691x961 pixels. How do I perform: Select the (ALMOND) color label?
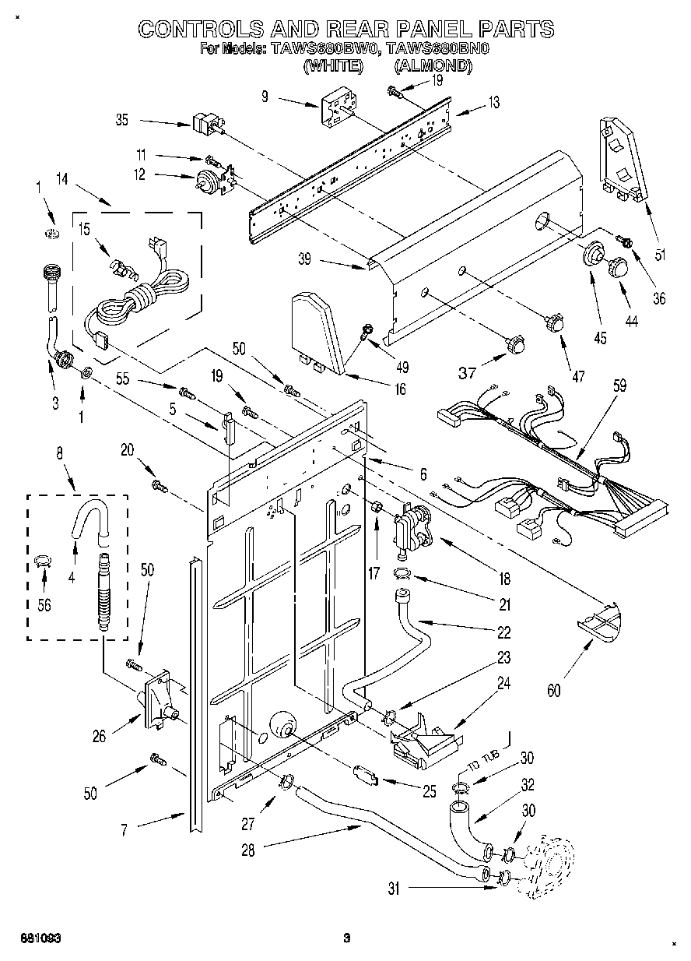433,67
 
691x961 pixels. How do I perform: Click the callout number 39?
304,259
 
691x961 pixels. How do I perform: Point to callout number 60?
553,690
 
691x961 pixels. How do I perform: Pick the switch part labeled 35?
204,122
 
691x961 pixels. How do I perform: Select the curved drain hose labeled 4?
87,520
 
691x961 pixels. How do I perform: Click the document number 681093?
41,938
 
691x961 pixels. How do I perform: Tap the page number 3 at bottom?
347,938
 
